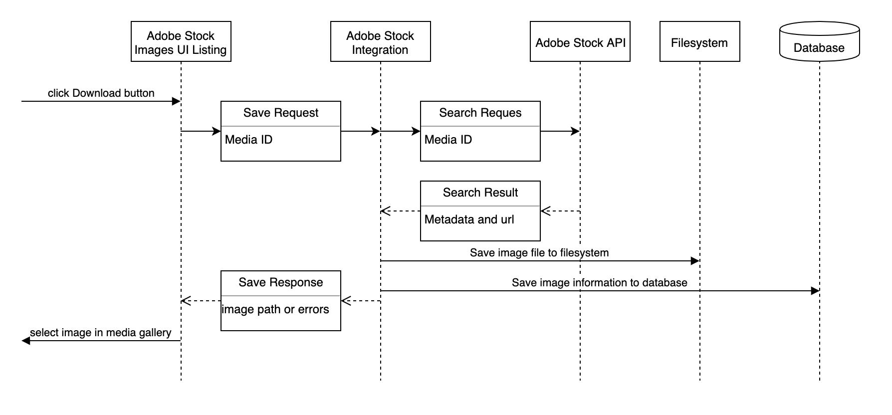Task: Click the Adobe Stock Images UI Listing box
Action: pos(181,42)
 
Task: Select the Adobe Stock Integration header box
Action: pos(380,42)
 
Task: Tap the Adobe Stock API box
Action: pos(580,42)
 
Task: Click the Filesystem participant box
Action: pos(699,42)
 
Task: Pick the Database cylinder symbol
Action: pos(819,42)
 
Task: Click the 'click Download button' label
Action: pos(101,93)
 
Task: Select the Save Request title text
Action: pos(280,113)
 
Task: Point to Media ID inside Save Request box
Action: pos(248,140)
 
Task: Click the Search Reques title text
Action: pos(480,113)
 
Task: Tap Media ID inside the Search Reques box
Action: pos(448,140)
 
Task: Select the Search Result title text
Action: pos(480,193)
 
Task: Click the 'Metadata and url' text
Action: pos(469,219)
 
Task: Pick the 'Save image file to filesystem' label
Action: pos(539,253)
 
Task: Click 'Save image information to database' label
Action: pos(599,283)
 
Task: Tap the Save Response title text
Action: pos(280,283)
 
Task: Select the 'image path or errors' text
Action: pos(275,310)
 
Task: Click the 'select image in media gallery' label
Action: pos(100,333)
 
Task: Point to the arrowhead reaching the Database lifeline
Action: pos(815,291)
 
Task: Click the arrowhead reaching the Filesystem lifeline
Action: pos(695,261)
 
